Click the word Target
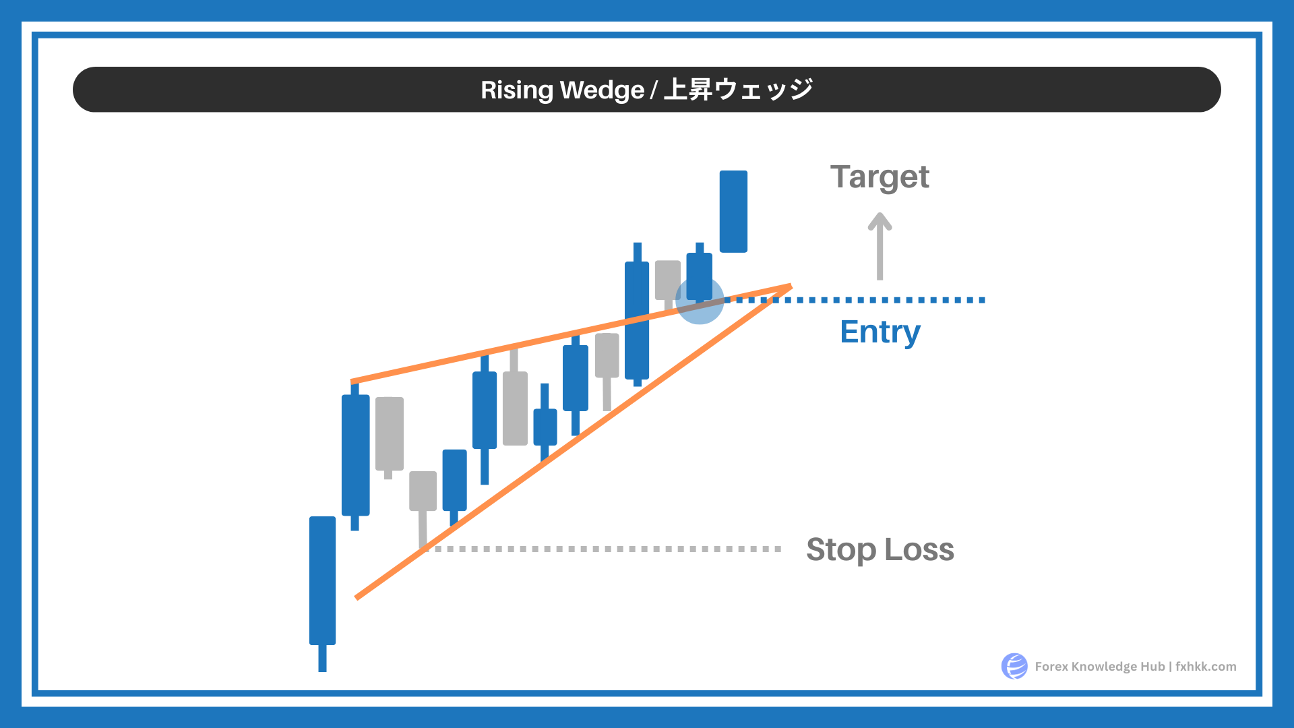880,177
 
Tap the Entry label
880,332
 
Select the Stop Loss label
880,549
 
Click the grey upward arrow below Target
880,246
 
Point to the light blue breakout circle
700,301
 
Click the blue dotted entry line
856,300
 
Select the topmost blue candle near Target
733,212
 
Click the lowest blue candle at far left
322,593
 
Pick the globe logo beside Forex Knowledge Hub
1014,666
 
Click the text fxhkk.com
1206,666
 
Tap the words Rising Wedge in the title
562,90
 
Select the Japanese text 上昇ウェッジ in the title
738,89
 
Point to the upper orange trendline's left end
352,382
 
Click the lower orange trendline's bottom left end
357,597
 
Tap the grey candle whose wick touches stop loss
423,509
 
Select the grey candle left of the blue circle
668,283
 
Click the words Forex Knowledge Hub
1100,666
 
